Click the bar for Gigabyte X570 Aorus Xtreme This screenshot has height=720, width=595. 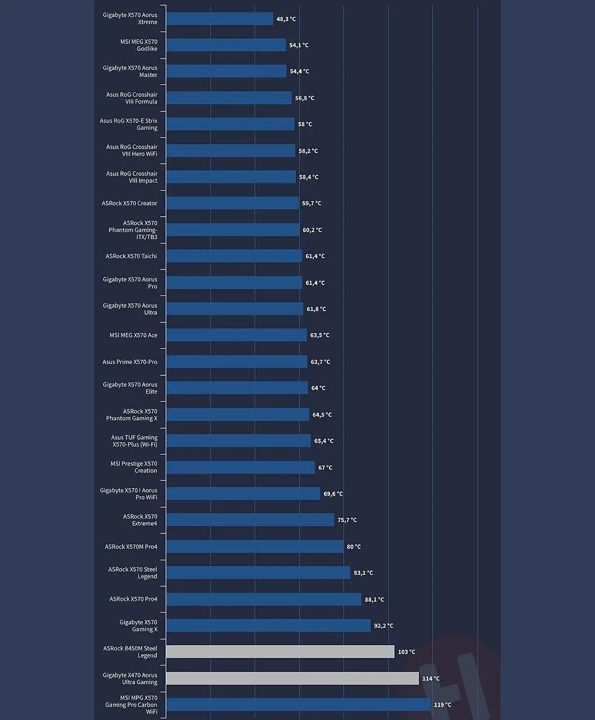coord(219,19)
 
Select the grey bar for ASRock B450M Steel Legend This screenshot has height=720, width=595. coord(280,652)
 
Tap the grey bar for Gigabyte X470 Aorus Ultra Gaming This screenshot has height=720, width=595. coord(292,678)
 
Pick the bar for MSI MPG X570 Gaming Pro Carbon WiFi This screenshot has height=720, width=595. coord(298,705)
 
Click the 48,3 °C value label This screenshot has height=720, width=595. coord(286,19)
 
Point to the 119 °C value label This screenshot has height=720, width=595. coord(443,705)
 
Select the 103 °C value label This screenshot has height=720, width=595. coord(407,652)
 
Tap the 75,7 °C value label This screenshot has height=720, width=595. coord(347,520)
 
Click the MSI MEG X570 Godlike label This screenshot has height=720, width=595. coord(138,45)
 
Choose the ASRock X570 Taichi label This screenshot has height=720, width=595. coord(131,256)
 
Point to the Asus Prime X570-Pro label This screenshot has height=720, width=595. coord(129,362)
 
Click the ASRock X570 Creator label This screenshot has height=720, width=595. coord(129,203)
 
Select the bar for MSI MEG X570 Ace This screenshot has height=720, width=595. coord(236,335)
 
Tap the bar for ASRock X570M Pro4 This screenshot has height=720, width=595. coord(255,547)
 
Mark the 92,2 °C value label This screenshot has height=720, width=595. coord(384,625)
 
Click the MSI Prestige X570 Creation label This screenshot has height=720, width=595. coord(134,467)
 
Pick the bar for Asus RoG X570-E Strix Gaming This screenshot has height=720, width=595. coord(230,124)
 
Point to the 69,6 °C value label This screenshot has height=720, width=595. coord(333,494)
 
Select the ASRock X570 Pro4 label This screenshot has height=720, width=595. coord(133,599)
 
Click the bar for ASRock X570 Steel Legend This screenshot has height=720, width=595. coord(258,573)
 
